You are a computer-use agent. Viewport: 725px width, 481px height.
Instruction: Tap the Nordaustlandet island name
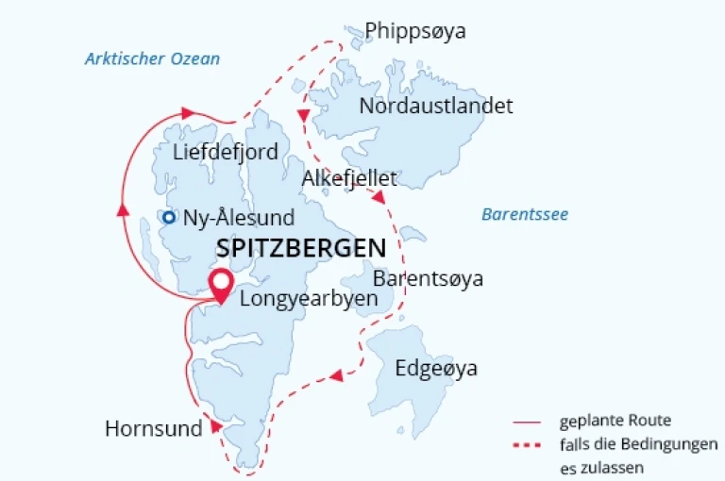pos(436,106)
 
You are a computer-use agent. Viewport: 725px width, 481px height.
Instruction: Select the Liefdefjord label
pos(227,152)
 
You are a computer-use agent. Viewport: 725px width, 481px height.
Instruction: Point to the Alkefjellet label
pos(349,179)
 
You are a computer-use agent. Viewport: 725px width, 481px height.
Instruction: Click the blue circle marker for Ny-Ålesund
pos(168,218)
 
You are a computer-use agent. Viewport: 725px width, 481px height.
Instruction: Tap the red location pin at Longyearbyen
pos(221,285)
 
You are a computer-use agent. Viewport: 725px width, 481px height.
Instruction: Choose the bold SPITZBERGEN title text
pos(301,248)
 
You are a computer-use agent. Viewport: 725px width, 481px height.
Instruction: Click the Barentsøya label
pos(428,279)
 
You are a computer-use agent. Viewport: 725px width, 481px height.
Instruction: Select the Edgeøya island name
pos(436,368)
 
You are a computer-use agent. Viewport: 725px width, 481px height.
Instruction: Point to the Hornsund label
pos(154,429)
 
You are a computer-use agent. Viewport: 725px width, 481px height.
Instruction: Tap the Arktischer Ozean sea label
pos(152,58)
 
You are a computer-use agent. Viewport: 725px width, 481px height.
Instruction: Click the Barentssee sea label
pos(525,214)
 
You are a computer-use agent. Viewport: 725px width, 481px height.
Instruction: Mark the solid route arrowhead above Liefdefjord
pos(187,112)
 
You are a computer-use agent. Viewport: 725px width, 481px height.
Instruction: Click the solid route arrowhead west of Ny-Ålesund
pos(123,209)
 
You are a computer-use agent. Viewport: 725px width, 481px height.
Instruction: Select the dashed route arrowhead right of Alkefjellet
pos(378,197)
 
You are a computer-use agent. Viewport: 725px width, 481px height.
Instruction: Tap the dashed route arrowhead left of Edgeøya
pos(335,377)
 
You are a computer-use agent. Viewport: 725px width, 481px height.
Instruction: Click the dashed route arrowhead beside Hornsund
pos(215,426)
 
